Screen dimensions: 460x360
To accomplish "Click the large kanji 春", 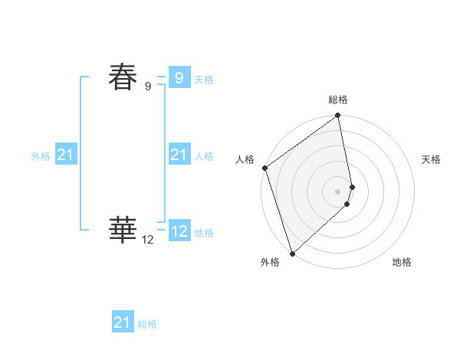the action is click(123, 77).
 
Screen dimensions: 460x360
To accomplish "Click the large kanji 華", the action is click(123, 228).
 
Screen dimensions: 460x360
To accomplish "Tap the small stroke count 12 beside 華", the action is click(148, 240).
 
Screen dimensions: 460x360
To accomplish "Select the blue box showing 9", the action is click(179, 77).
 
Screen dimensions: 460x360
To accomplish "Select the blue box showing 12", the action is click(179, 231).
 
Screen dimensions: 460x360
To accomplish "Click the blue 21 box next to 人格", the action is click(179, 155).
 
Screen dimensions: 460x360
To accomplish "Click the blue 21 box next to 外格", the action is click(65, 155).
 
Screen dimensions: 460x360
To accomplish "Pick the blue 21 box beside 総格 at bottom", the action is click(122, 322).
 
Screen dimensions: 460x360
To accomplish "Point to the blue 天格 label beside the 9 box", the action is click(204, 80).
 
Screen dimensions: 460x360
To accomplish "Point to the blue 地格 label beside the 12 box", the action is click(204, 233).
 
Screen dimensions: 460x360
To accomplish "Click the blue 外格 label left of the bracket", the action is click(41, 156).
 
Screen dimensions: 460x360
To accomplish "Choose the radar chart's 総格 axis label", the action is click(338, 100).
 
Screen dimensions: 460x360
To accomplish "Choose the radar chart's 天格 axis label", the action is click(431, 159).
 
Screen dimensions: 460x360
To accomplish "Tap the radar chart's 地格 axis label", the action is click(402, 262).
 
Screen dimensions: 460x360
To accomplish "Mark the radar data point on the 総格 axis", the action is click(338, 116).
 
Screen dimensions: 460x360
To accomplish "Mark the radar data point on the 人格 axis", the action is click(264, 168).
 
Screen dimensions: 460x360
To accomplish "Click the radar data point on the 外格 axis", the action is click(292, 254).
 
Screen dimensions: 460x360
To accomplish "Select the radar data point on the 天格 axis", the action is click(353, 187).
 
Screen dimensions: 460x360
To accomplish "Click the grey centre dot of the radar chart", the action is click(338, 191).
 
